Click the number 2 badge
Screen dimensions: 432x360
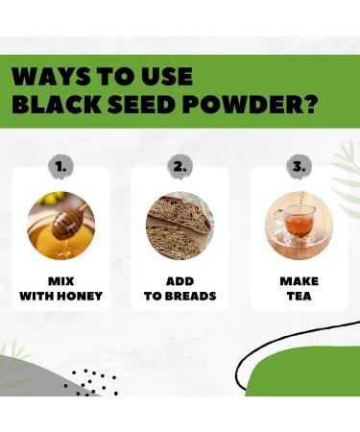(180, 166)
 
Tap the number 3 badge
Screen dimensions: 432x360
(298, 166)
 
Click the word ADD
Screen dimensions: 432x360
(180, 281)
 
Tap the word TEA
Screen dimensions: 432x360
(299, 296)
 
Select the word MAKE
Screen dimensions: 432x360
(299, 281)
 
